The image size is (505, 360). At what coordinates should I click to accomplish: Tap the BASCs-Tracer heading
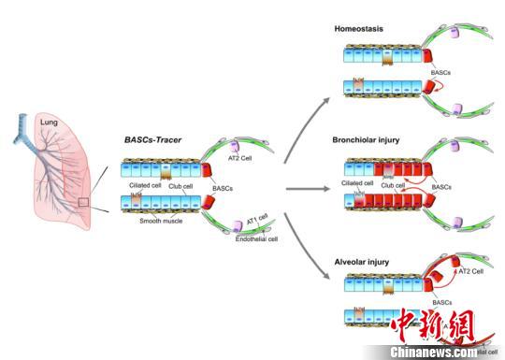155,139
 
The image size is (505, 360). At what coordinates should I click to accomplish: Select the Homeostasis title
360,29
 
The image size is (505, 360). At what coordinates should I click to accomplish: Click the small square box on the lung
83,201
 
